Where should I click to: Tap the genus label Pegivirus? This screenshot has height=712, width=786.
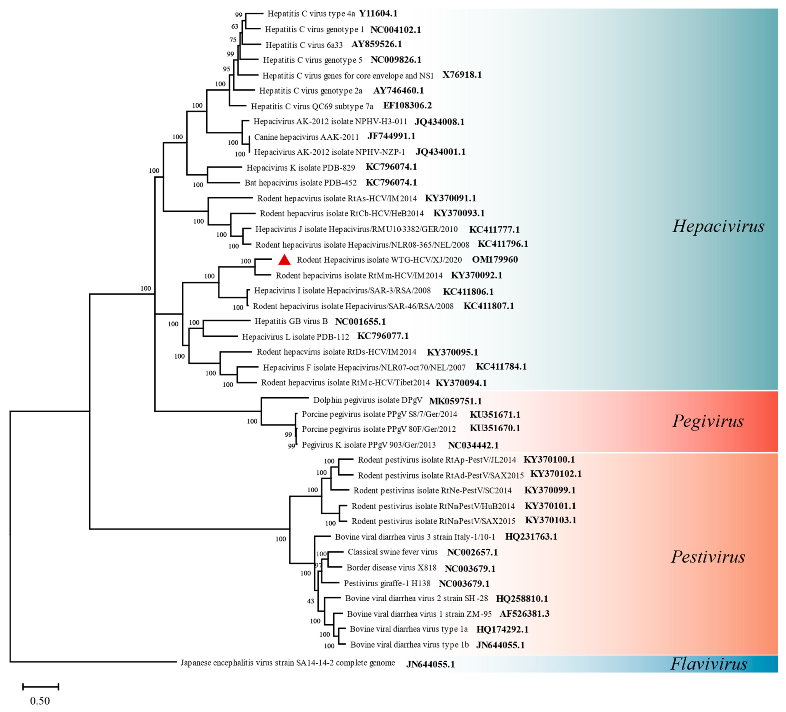click(708, 421)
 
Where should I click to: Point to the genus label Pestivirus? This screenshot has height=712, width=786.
click(708, 557)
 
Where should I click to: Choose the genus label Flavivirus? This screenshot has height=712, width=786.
click(708, 664)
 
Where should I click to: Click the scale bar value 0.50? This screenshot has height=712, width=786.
click(40, 701)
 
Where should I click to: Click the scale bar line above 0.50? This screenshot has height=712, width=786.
click(41, 687)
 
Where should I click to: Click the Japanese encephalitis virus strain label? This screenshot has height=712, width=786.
click(287, 663)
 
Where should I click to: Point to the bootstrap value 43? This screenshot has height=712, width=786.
click(310, 601)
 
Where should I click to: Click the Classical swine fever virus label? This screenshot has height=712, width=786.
click(393, 552)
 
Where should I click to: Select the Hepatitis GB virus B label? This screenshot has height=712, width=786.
click(291, 321)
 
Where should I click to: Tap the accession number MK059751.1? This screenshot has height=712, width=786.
click(455, 401)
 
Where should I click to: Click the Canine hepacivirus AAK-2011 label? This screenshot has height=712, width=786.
click(306, 137)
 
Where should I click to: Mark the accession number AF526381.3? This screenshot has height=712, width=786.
click(524, 614)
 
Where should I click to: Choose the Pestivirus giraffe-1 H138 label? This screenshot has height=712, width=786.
click(387, 583)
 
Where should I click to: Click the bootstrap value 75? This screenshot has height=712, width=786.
click(233, 40)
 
